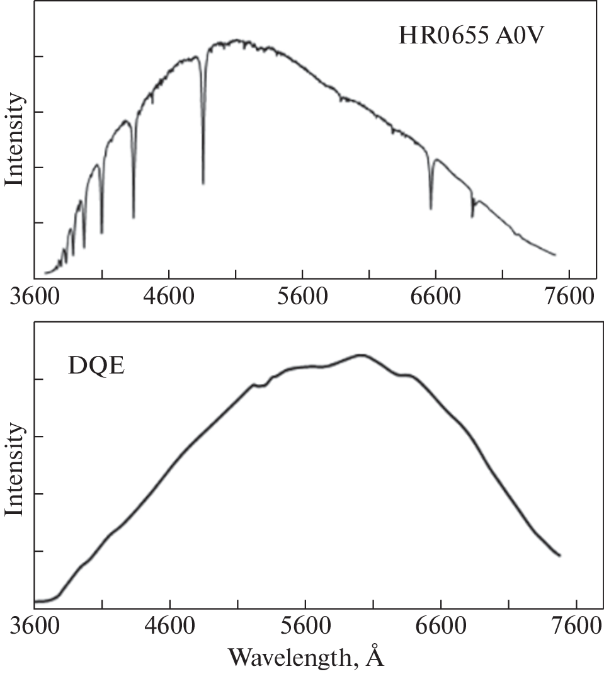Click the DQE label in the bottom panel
click(x=96, y=365)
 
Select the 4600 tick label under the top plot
click(x=169, y=295)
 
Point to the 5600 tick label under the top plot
click(x=302, y=295)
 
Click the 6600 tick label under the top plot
click(x=435, y=295)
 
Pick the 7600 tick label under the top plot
click(x=569, y=295)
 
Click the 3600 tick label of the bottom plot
click(x=35, y=627)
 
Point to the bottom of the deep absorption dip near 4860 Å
click(x=203, y=183)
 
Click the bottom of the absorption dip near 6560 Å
click(x=431, y=208)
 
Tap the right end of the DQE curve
click(x=559, y=556)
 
